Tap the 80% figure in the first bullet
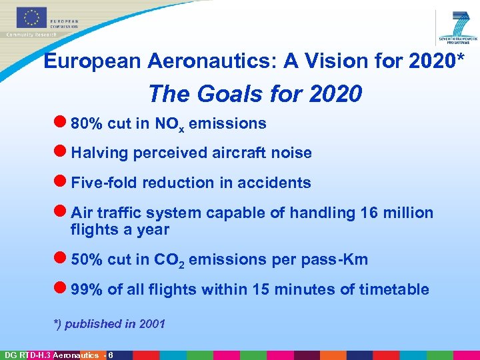(86, 123)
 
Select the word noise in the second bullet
(291, 153)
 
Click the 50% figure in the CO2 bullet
(86, 259)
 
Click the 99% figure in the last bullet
(86, 289)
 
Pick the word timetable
(395, 289)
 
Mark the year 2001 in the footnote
(152, 324)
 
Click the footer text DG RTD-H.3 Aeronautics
(51, 355)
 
